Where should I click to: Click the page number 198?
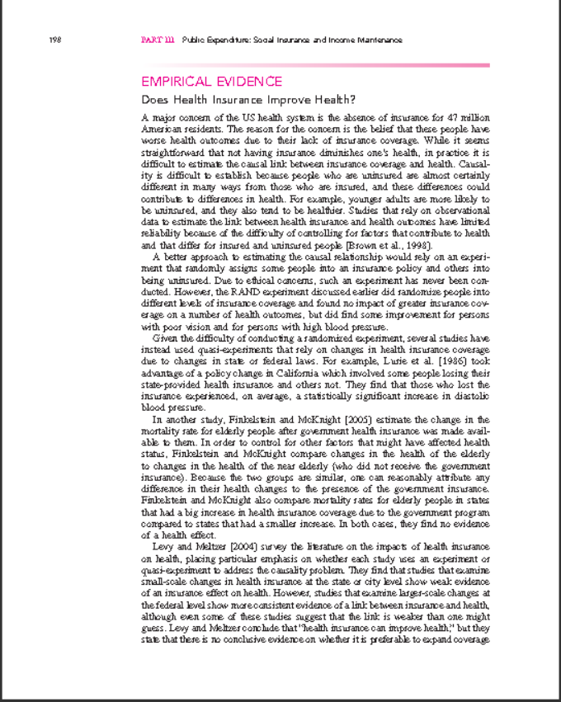tap(56, 40)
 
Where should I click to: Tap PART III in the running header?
tap(158, 40)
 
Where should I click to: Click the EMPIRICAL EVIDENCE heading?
tap(212, 82)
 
